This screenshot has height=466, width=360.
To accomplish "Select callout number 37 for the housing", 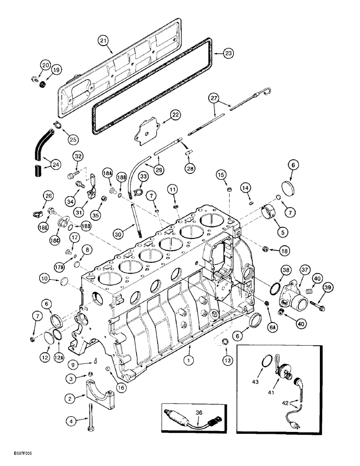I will (305, 270).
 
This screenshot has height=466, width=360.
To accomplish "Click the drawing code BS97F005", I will (16, 459).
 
